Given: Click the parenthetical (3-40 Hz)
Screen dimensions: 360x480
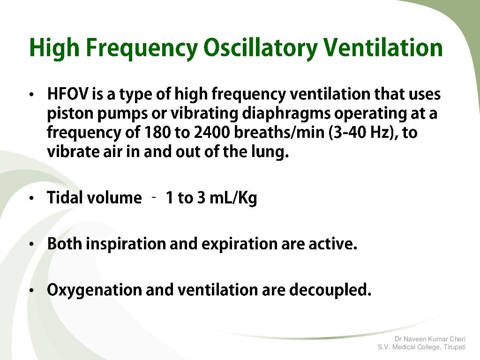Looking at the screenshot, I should point(362,133).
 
